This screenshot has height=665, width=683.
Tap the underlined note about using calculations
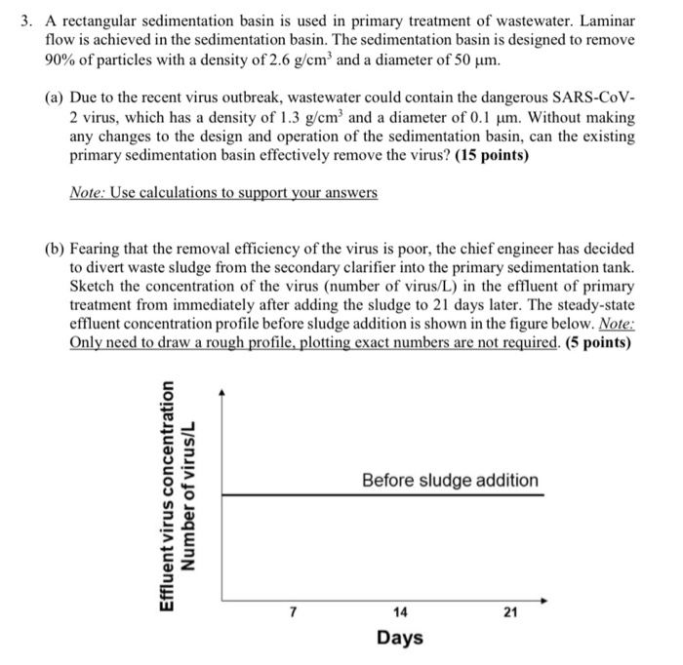(x=223, y=194)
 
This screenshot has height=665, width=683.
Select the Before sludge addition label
(x=450, y=481)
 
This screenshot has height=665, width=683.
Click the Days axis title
(x=399, y=638)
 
